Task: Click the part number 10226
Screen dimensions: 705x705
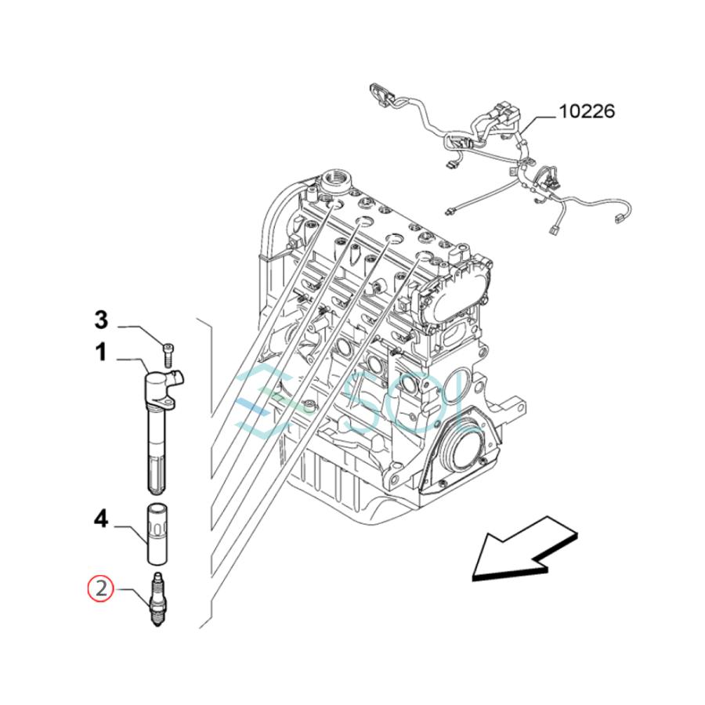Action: coord(586,111)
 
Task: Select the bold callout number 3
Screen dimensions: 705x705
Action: coord(101,320)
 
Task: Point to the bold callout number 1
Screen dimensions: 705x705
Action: coord(101,353)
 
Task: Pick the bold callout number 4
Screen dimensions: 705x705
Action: coord(101,519)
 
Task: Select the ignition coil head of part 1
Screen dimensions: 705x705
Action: coord(162,385)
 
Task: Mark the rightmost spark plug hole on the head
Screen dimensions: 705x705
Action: coord(424,256)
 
